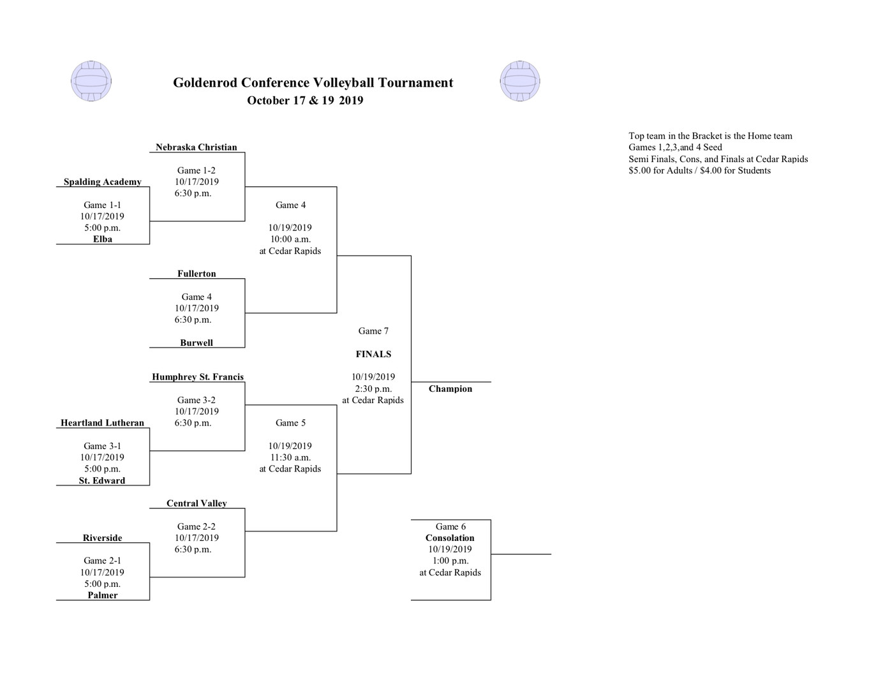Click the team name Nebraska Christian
197,147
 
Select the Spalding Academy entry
102,182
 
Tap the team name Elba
103,239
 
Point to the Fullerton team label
197,273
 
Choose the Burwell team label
197,343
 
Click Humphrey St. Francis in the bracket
198,376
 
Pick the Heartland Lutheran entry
102,423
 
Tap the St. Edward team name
102,480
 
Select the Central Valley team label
197,503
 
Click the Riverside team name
102,538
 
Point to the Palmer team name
103,595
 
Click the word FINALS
373,354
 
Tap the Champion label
450,389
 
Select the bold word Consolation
450,538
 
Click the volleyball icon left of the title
91,81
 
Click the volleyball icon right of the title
520,81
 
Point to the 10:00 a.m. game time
290,239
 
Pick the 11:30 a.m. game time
290,457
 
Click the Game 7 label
373,330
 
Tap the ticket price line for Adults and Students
699,171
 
